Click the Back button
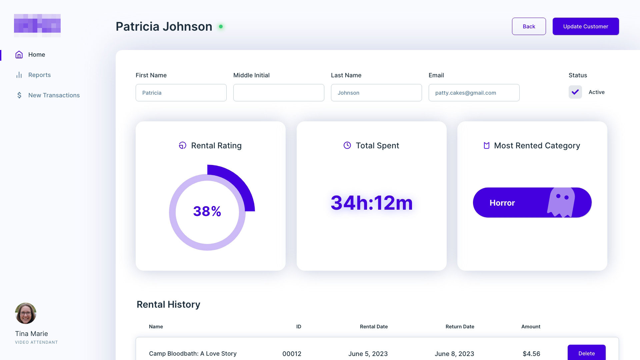529,26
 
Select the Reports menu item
39,75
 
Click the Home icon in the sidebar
19,55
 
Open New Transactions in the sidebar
54,95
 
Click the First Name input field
181,93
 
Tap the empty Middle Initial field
279,93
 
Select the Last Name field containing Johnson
376,93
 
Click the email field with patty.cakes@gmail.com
474,93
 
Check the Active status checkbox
575,92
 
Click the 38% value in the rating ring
207,211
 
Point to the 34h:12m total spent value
372,203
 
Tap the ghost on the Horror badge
561,202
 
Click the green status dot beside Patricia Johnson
221,27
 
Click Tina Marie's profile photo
26,313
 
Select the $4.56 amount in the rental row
531,354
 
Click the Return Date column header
460,327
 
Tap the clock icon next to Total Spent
347,145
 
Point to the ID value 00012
292,354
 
